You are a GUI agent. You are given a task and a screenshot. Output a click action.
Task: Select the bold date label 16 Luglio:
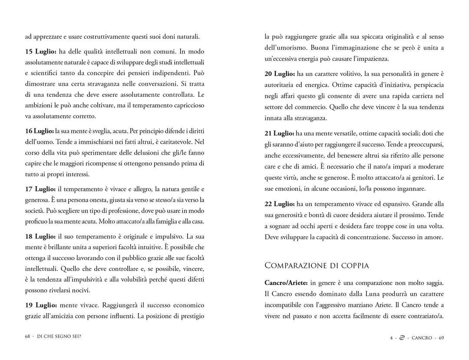(40, 131)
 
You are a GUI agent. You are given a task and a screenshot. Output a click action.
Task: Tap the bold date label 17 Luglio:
(40, 189)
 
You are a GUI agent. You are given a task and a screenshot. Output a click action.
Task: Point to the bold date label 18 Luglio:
(40, 236)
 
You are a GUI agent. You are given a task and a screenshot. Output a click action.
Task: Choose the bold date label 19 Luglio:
(40, 305)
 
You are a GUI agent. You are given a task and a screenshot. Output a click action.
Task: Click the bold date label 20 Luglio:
(280, 74)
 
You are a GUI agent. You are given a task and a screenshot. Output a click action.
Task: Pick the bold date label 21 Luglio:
(280, 133)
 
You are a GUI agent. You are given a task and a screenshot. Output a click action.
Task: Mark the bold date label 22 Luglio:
(280, 204)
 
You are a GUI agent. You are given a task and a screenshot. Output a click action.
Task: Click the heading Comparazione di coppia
(317, 265)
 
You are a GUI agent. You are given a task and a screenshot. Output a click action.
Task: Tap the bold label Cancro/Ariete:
(286, 283)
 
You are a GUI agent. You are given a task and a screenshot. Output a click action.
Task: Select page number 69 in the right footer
(441, 337)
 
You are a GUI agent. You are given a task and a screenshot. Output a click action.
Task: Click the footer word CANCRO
(421, 337)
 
